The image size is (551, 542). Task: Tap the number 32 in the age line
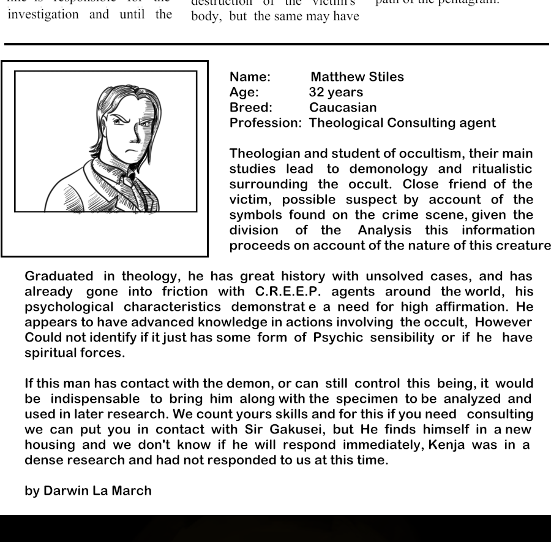(x=317, y=93)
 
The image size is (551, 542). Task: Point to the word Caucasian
(x=343, y=108)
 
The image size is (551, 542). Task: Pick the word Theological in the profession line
(x=346, y=123)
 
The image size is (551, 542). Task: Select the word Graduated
(x=59, y=277)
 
